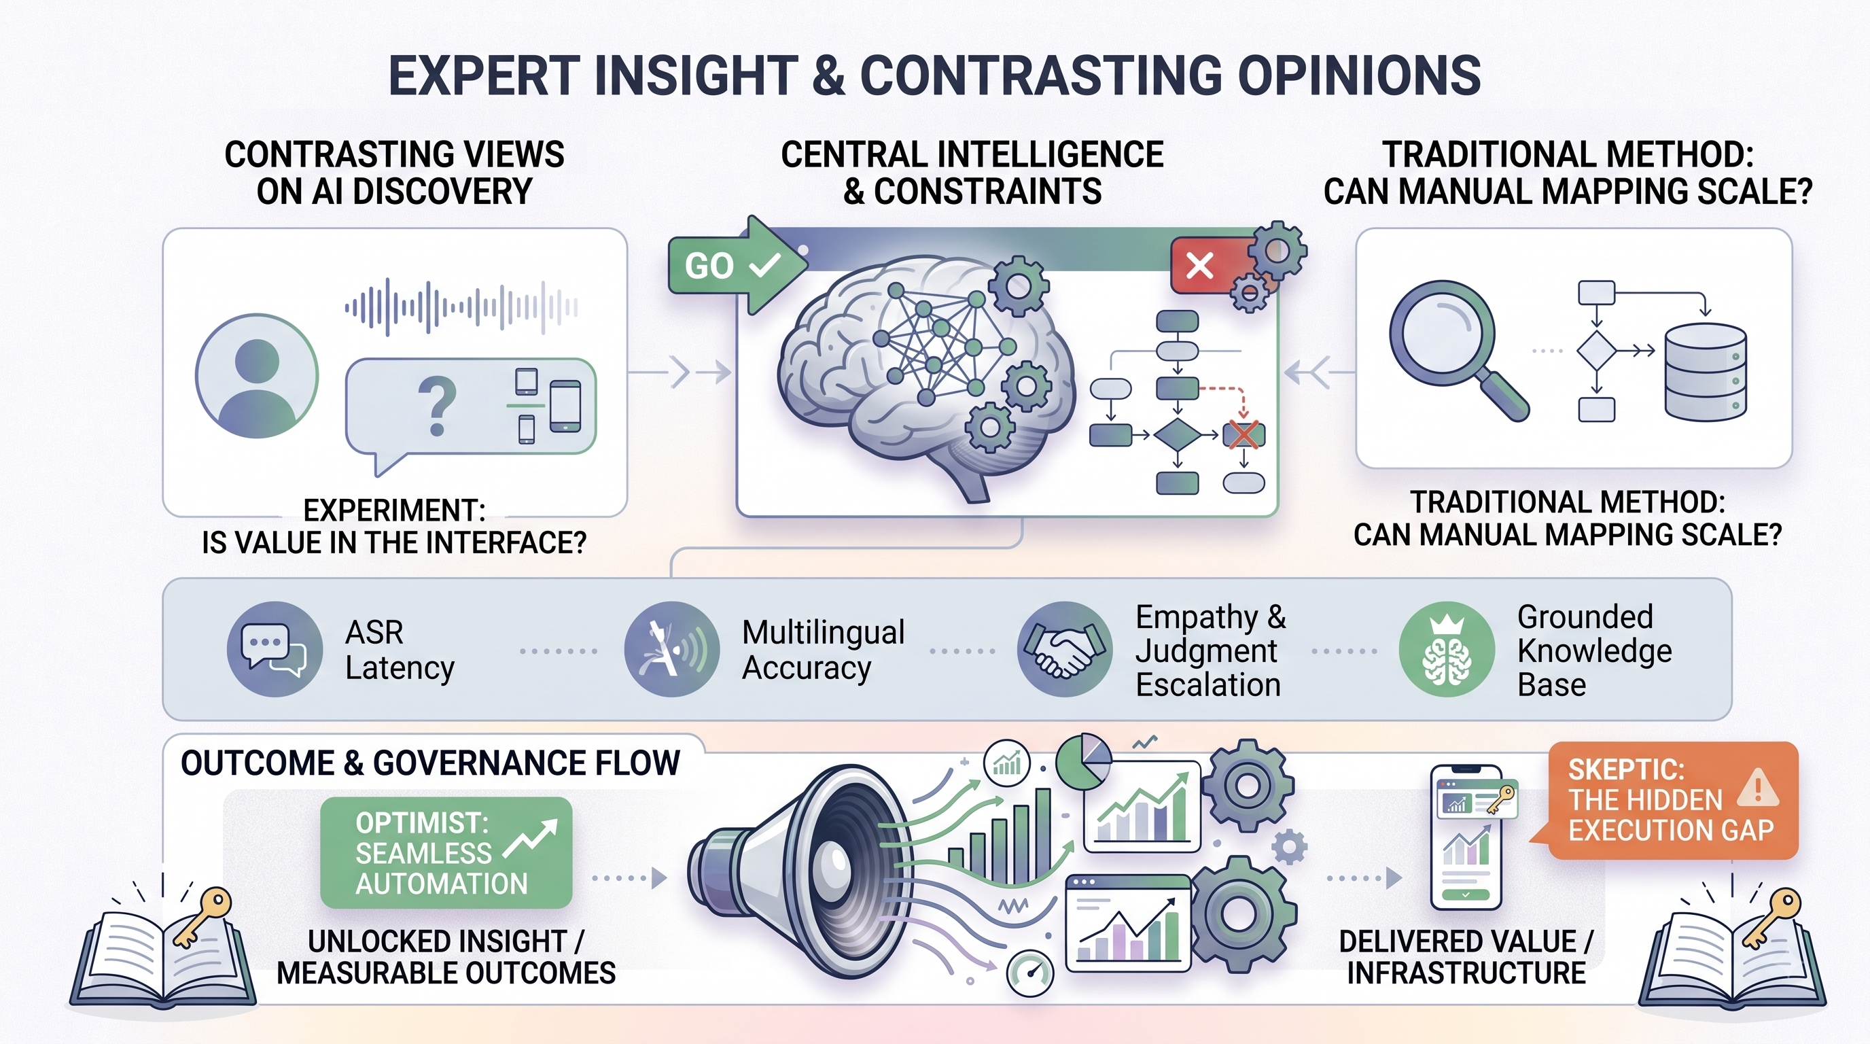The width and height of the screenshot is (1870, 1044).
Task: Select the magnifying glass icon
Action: (x=1456, y=349)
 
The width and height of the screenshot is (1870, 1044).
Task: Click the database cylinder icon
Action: (x=1705, y=372)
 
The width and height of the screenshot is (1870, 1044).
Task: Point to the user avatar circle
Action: (x=257, y=375)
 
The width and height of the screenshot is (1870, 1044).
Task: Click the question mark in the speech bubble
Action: (x=437, y=405)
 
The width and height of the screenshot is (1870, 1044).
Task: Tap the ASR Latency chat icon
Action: (x=275, y=649)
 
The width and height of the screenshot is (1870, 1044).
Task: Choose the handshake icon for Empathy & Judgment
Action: (x=1065, y=649)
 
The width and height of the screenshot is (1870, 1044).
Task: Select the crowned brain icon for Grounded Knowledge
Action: (x=1447, y=649)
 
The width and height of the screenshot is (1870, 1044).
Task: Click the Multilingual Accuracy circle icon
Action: (x=671, y=649)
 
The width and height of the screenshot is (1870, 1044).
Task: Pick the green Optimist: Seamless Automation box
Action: (x=446, y=852)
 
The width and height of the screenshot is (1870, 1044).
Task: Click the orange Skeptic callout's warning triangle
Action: (x=1757, y=788)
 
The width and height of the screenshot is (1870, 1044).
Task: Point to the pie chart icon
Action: (x=1083, y=763)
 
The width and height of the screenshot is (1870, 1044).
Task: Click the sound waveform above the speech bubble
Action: (x=461, y=307)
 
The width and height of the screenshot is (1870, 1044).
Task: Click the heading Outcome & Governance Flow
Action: (x=431, y=763)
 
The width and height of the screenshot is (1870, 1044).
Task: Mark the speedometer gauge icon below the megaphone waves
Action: (x=1030, y=973)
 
